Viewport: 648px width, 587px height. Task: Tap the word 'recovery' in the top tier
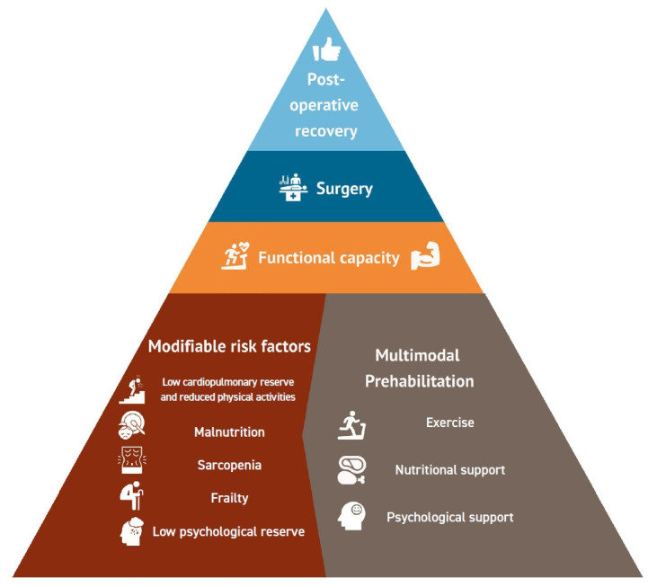(x=324, y=131)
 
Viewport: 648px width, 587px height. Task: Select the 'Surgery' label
(x=344, y=189)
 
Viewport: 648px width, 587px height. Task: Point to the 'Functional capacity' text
(x=328, y=258)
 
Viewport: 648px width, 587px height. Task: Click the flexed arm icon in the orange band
(x=424, y=258)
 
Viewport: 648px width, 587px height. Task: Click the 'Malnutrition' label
(x=229, y=432)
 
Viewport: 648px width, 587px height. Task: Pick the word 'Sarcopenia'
(x=229, y=466)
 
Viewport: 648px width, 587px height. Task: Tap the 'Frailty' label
(x=229, y=497)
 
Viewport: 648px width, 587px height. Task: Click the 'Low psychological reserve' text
(x=228, y=531)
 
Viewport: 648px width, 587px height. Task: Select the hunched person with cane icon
(x=132, y=497)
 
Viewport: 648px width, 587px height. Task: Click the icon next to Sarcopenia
(x=132, y=465)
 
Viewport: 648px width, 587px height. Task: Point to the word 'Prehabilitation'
(x=419, y=381)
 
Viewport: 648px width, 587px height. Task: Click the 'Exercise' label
(x=449, y=422)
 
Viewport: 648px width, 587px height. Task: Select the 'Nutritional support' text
(x=449, y=469)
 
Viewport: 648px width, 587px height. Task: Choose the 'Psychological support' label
(x=449, y=518)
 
